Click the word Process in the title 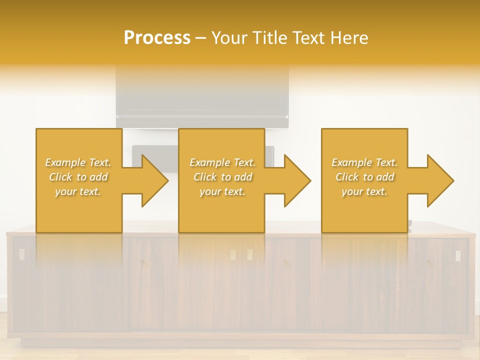click(x=157, y=37)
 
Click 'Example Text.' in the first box click(x=78, y=162)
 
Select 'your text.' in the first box click(x=78, y=191)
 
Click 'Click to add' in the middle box click(x=222, y=177)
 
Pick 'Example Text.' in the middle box click(x=222, y=162)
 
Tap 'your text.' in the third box click(x=364, y=191)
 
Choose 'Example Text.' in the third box click(x=364, y=162)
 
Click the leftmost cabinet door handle click(x=21, y=254)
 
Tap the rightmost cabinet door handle click(x=458, y=255)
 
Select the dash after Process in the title click(x=201, y=38)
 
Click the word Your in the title click(x=229, y=37)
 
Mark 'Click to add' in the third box click(x=364, y=177)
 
